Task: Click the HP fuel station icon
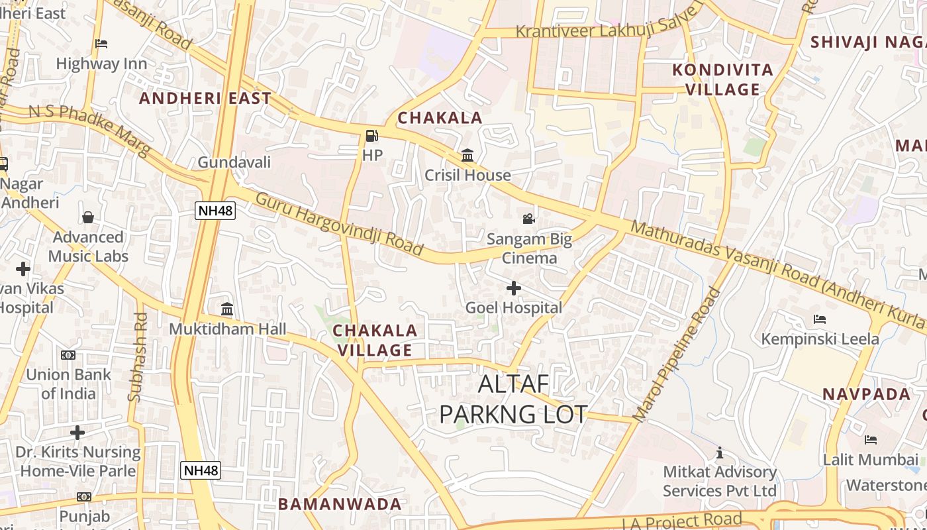point(372,136)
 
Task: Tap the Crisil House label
point(467,176)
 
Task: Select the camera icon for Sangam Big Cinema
point(528,219)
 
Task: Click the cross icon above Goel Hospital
point(513,288)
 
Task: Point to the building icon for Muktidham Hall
point(227,309)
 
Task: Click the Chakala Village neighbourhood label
point(375,340)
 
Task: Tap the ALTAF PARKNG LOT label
point(513,399)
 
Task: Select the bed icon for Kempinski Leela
point(820,319)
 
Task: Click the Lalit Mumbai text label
point(871,459)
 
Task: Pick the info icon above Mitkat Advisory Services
point(720,453)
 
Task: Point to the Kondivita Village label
point(722,79)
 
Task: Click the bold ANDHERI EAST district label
point(205,99)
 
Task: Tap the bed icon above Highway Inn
point(101,44)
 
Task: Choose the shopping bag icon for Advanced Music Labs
point(88,217)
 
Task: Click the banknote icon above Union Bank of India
point(68,355)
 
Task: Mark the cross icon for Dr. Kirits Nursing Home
point(77,433)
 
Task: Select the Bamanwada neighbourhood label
point(340,504)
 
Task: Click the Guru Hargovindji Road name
point(339,225)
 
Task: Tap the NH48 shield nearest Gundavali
point(215,211)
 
